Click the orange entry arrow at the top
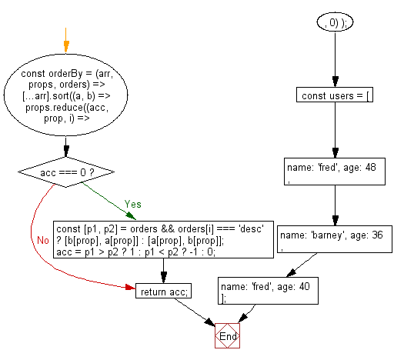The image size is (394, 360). tap(66, 40)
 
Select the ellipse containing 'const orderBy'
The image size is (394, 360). tap(66, 95)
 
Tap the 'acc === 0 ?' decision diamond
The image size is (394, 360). tap(66, 172)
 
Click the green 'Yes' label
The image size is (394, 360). tap(132, 204)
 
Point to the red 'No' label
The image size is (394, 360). tap(43, 240)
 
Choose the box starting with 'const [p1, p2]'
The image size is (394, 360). tap(163, 239)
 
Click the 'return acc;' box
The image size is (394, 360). tap(163, 291)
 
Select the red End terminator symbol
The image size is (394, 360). tap(227, 335)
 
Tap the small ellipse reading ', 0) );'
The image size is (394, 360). tap(335, 22)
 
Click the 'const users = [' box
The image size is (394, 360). tap(335, 95)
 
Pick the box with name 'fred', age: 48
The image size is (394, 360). tap(335, 172)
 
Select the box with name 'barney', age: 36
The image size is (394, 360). tap(335, 239)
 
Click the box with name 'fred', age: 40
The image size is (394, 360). tap(268, 291)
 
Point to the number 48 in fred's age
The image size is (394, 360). tap(371, 168)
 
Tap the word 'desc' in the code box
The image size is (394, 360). tap(252, 228)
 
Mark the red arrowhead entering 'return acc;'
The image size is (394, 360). tap(130, 287)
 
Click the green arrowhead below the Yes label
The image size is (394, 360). tap(131, 216)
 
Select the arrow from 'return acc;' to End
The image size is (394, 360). tap(195, 312)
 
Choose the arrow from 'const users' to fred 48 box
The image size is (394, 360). tap(335, 130)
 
